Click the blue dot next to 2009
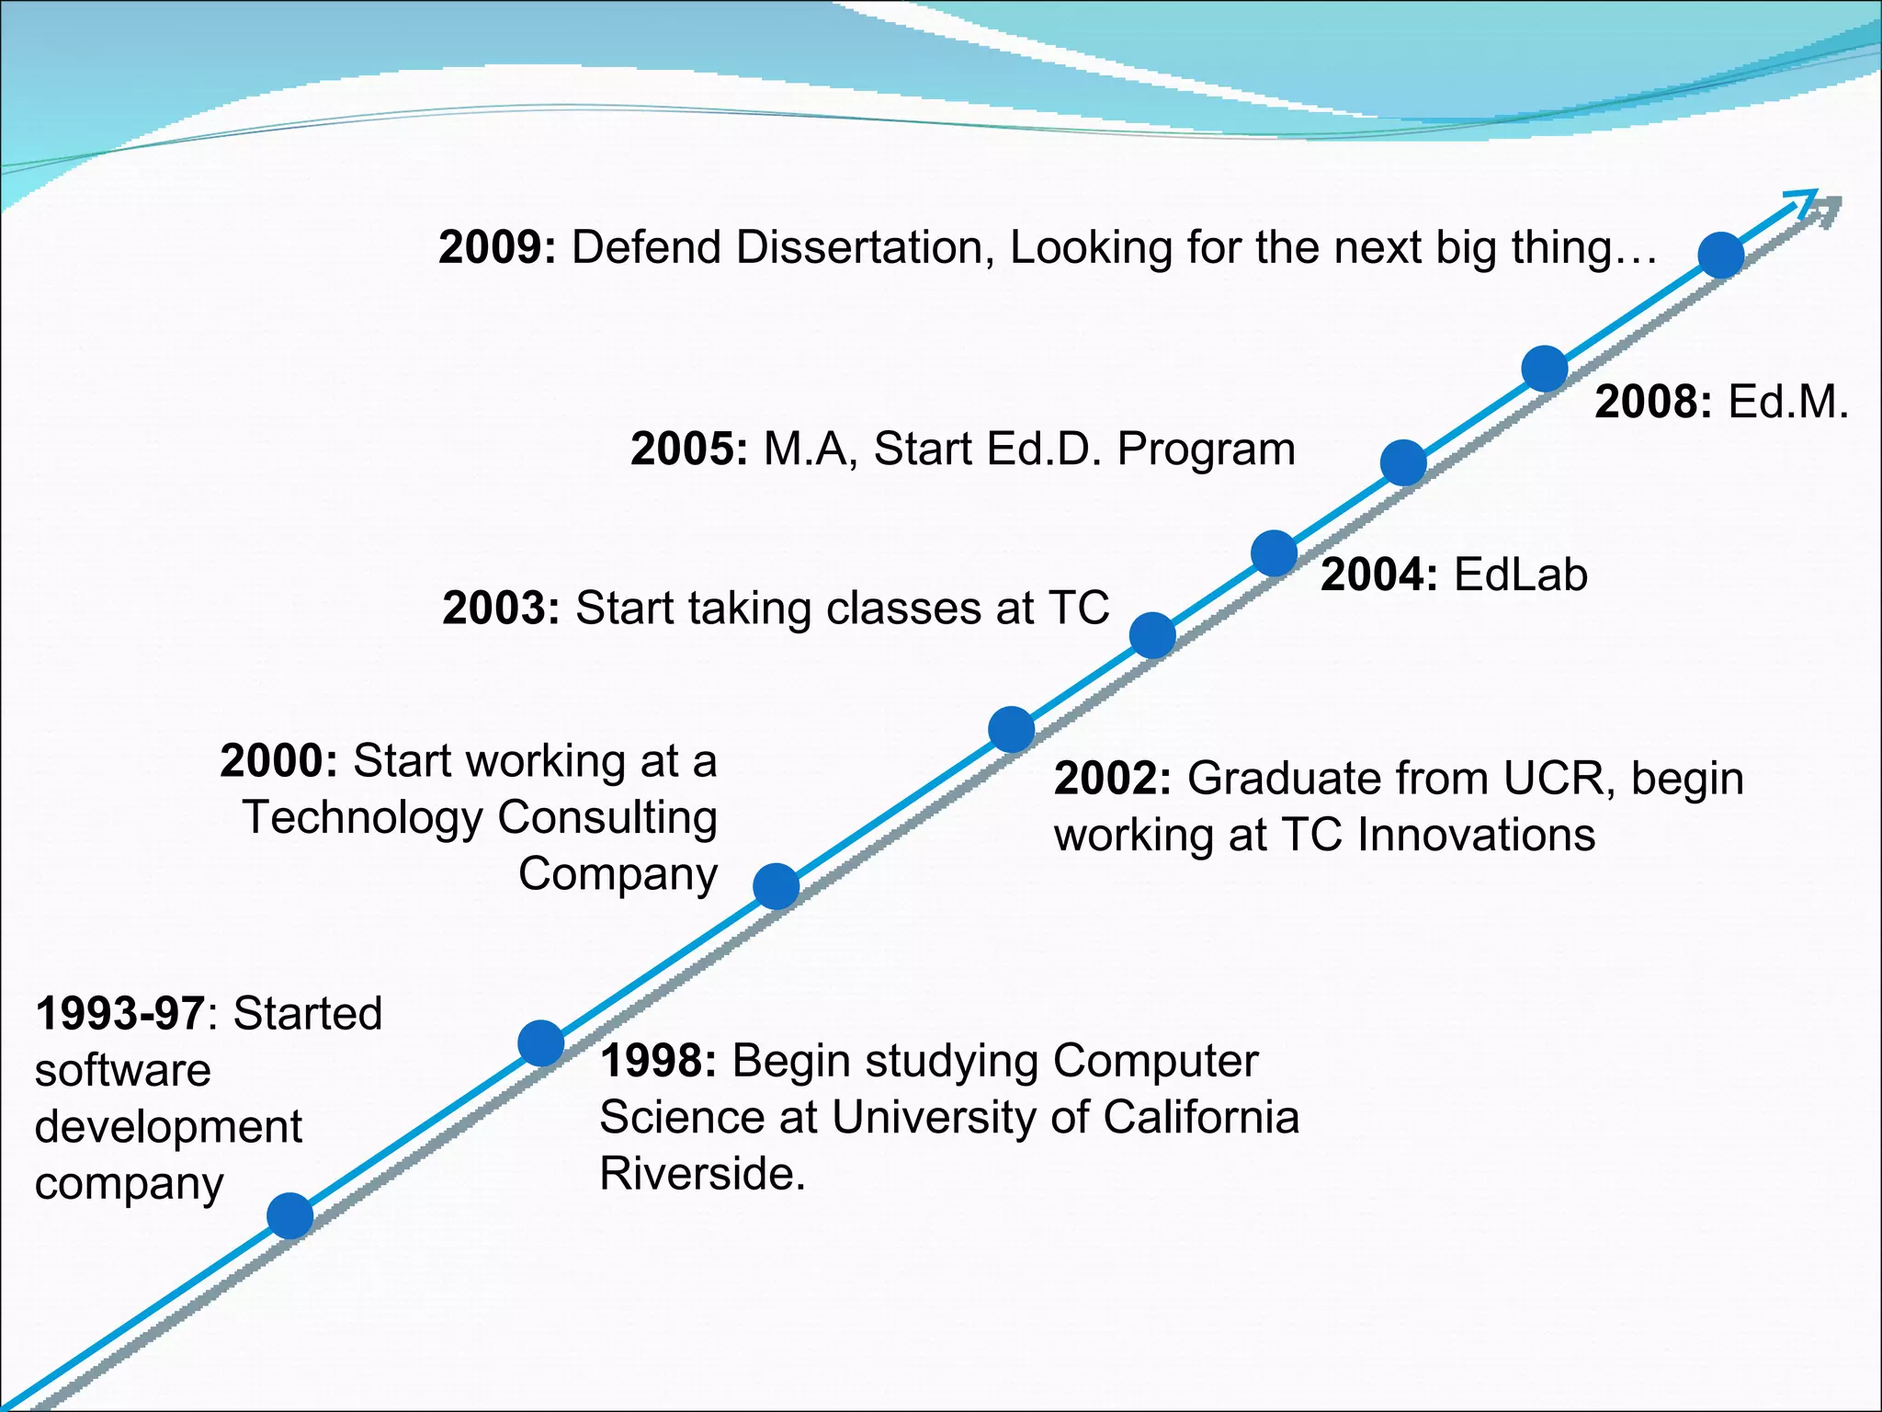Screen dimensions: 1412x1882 point(1720,255)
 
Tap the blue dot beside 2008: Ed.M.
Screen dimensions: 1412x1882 point(1544,369)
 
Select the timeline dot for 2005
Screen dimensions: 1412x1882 point(1403,462)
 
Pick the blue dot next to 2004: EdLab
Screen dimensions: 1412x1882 point(1274,553)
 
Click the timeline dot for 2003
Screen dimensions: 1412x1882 point(1152,635)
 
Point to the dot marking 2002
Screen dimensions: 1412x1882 point(1011,730)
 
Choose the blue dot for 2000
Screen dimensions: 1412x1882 point(776,886)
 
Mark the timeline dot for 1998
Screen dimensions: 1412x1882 point(540,1042)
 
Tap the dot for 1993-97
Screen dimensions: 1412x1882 point(289,1215)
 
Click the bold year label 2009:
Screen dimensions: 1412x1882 point(497,248)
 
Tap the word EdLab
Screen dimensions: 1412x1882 point(1520,575)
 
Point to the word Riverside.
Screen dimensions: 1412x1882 point(702,1174)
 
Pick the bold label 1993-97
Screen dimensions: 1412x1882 point(119,1014)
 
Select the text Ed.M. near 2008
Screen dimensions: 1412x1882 point(1787,403)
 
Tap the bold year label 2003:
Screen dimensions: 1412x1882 point(501,609)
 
